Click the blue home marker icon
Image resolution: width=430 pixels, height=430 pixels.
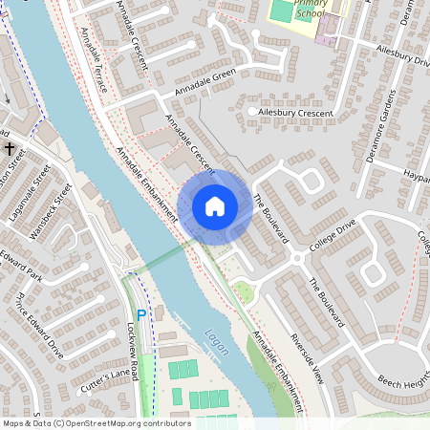215,205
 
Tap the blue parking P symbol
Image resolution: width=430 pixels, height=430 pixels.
141,314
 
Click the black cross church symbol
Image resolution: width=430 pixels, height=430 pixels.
10,149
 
